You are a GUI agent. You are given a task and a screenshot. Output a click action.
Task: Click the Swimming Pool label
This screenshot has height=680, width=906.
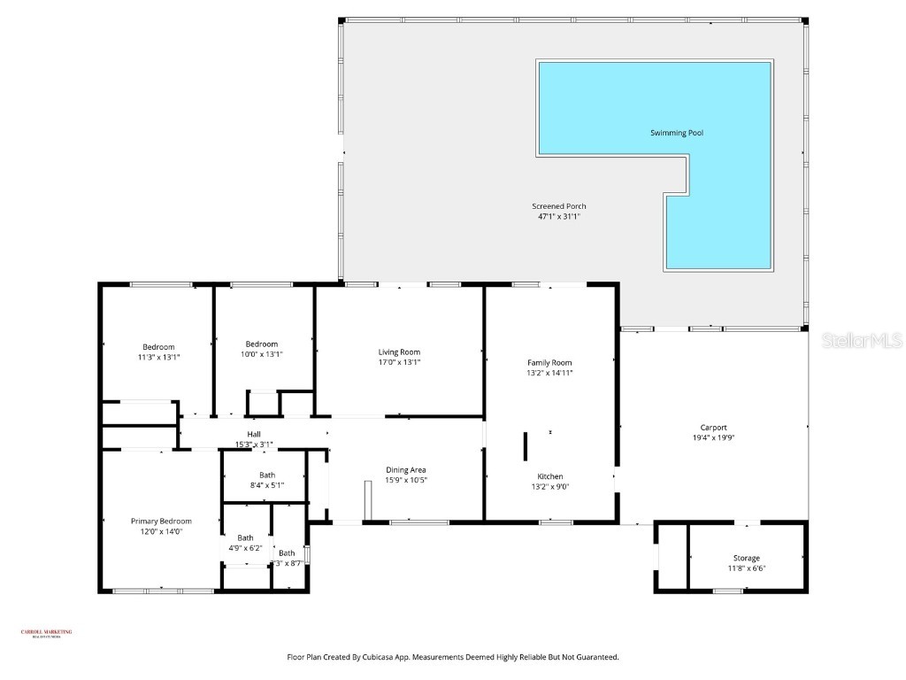click(678, 133)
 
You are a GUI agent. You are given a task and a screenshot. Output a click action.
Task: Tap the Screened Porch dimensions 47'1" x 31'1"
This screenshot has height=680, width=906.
click(558, 216)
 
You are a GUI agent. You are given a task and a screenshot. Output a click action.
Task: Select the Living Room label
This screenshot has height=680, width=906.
click(399, 352)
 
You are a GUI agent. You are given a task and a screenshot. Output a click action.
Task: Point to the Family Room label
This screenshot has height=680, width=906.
click(549, 362)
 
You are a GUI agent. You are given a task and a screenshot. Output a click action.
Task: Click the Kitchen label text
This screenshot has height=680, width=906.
click(549, 476)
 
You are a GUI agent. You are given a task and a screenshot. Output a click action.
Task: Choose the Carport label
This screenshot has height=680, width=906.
click(712, 428)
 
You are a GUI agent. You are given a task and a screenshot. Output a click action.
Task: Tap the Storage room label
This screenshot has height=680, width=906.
click(746, 558)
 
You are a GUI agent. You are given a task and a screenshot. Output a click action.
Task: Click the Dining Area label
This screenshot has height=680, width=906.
click(406, 469)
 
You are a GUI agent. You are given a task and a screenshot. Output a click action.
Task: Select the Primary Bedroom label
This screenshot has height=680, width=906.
click(161, 521)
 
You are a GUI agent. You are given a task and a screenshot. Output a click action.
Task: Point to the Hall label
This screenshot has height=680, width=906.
click(254, 434)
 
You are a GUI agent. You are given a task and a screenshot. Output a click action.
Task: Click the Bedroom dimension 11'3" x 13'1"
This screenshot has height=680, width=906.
click(158, 357)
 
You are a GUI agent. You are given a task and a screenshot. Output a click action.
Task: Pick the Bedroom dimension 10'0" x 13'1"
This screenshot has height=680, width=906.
click(262, 354)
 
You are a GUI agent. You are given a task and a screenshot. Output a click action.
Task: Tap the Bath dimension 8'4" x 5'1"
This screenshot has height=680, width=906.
click(266, 485)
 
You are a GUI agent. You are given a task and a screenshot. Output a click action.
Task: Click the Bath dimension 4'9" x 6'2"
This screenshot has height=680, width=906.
click(245, 548)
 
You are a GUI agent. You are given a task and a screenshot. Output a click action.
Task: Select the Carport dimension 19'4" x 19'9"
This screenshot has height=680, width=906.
click(712, 437)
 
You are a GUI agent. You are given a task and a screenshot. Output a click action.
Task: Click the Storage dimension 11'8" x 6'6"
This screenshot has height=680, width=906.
click(746, 568)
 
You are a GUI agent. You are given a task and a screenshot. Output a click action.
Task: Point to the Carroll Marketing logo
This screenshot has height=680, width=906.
click(46, 632)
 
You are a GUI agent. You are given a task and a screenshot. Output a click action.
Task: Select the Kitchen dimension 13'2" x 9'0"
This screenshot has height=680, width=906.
click(549, 486)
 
